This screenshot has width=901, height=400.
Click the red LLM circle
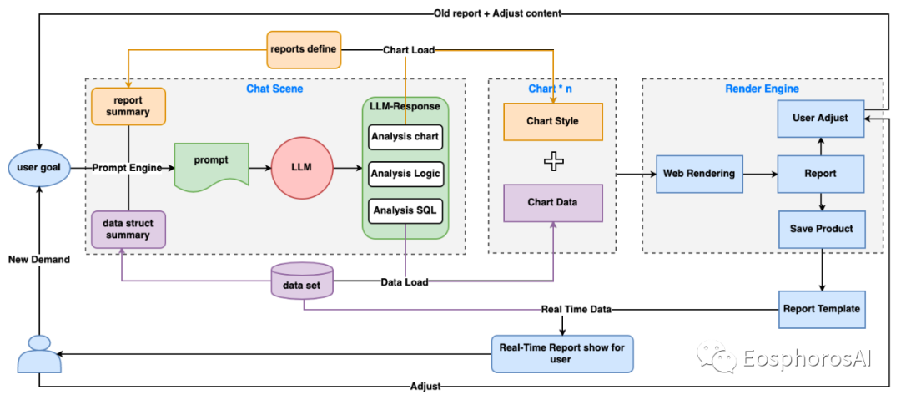301,167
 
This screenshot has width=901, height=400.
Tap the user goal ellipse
39,167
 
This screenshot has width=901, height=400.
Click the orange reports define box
303,49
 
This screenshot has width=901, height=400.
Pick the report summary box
128,106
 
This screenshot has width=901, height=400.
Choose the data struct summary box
128,229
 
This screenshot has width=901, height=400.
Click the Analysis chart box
405,137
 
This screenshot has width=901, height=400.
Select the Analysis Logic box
405,173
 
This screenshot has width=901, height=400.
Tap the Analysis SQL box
405,210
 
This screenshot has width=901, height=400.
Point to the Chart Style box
552,121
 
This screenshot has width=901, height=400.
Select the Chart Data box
552,203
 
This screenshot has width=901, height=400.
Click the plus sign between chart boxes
552,162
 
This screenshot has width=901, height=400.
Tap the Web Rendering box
699,174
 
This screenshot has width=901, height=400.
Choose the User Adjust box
821,118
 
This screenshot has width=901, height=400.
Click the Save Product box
821,228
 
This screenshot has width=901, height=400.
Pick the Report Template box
821,309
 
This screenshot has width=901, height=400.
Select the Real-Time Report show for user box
561,353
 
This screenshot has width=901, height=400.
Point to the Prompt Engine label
127,168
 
